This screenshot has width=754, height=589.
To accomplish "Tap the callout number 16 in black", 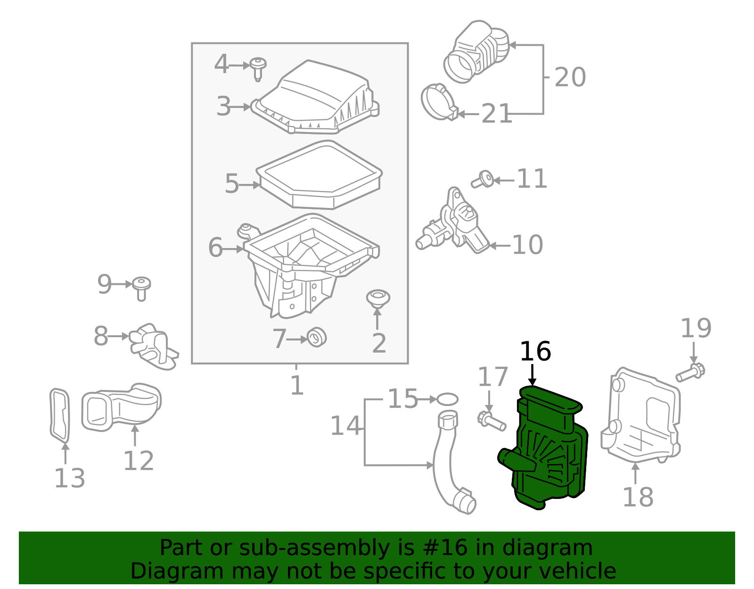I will (x=535, y=352).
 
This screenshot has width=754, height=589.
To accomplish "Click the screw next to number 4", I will (x=257, y=67).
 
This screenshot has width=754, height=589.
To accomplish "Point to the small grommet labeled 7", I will (x=317, y=337).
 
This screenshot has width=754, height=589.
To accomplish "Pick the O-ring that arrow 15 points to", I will (x=447, y=399).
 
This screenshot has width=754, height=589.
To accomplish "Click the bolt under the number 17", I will (x=491, y=421).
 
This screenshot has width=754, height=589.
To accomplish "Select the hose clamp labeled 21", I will (x=439, y=102).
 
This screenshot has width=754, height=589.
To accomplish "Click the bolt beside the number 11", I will (x=483, y=181).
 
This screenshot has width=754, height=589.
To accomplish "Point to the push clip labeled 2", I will (x=378, y=299).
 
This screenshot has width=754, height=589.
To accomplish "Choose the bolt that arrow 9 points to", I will (x=141, y=288).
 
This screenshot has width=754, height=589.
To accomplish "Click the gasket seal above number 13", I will (x=59, y=415).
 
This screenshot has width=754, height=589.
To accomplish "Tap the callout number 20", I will (x=570, y=77).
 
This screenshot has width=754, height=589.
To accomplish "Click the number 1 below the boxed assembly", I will (x=296, y=386).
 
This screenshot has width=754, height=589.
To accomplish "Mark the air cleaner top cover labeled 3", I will (x=316, y=99).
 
